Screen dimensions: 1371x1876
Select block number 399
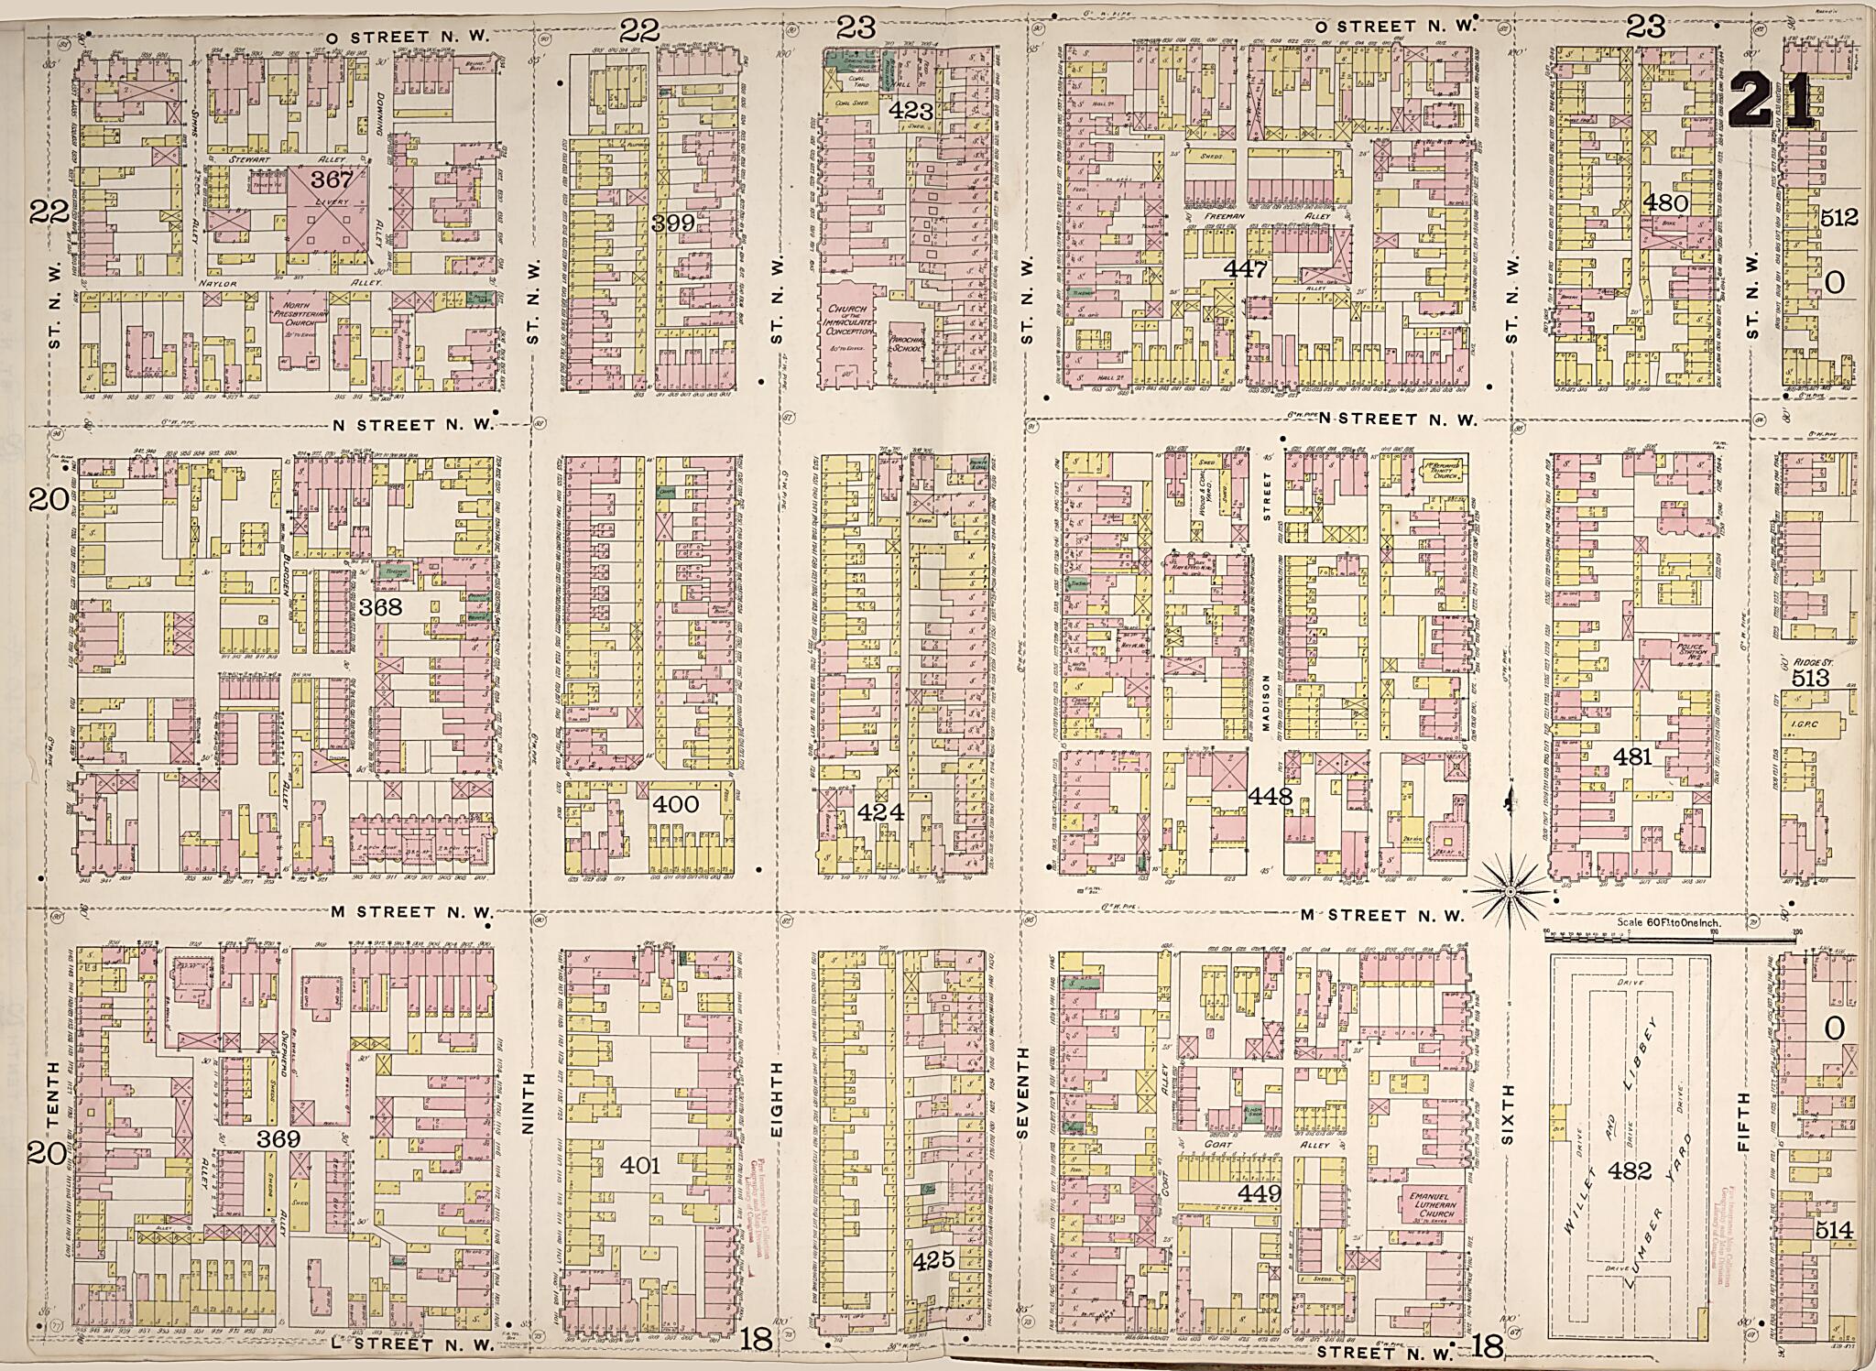pos(673,223)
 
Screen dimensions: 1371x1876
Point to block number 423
pos(911,113)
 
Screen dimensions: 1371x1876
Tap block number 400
pos(676,804)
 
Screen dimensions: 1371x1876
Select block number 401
pos(639,1165)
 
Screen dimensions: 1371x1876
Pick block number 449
pos(1259,1192)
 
